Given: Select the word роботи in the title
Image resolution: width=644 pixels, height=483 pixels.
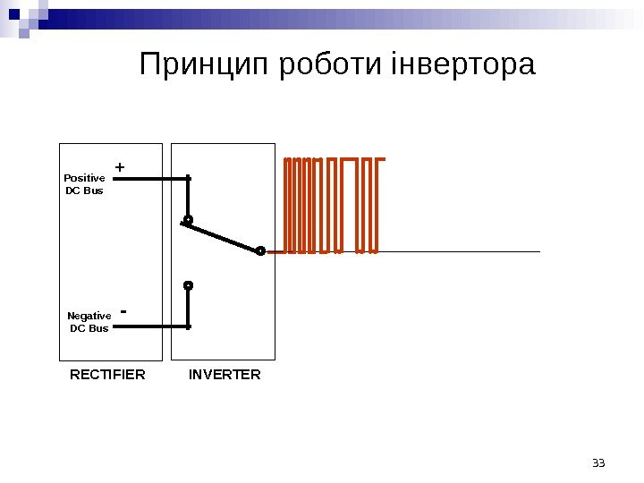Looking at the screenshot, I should pyautogui.click(x=332, y=65).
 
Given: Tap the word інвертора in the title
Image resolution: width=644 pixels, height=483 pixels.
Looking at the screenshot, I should pyautogui.click(x=464, y=65).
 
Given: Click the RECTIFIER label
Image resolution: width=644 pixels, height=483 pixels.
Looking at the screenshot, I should pyautogui.click(x=107, y=375).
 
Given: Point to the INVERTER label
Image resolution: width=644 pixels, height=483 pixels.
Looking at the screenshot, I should pyautogui.click(x=225, y=375).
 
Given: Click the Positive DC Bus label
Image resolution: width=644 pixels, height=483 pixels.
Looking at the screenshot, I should pyautogui.click(x=85, y=184).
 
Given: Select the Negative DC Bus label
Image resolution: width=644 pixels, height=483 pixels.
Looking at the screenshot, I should pyautogui.click(x=89, y=322).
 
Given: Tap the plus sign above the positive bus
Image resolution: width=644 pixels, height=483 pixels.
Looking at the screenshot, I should pyautogui.click(x=120, y=167).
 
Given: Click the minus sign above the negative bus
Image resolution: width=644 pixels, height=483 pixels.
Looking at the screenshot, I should pyautogui.click(x=123, y=312).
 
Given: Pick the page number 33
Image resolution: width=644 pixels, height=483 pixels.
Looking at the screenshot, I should pyautogui.click(x=599, y=462).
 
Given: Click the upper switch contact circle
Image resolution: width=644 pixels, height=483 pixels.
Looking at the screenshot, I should pyautogui.click(x=188, y=219).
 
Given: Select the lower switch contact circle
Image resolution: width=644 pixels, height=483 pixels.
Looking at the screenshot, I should pyautogui.click(x=188, y=285).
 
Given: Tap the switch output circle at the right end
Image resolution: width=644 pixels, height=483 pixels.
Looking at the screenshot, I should pyautogui.click(x=259, y=251).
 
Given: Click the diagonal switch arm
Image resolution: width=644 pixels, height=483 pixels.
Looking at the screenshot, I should pyautogui.click(x=224, y=237).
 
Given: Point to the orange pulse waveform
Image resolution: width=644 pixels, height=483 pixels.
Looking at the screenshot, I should pyautogui.click(x=331, y=205).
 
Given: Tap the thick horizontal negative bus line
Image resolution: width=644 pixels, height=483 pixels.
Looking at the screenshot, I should pyautogui.click(x=152, y=326).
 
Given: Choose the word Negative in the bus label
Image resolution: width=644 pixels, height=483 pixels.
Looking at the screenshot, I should pyautogui.click(x=89, y=316).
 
